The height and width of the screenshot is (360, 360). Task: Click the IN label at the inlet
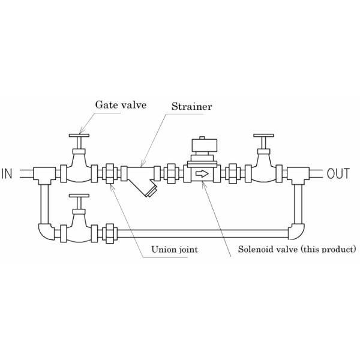click(7, 175)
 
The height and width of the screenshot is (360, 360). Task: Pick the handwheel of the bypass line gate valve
click(79, 196)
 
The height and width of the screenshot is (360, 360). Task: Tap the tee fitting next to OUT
click(298, 175)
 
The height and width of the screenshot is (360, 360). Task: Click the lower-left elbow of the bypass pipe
click(45, 232)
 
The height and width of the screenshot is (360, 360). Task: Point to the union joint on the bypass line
click(110, 232)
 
